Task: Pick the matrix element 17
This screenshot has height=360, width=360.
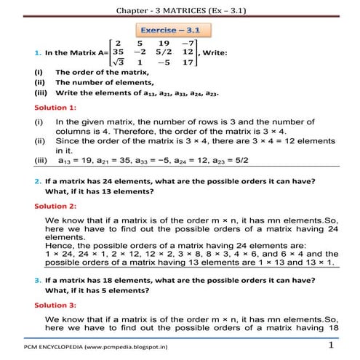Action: (187, 63)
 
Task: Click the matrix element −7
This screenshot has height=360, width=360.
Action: (187, 42)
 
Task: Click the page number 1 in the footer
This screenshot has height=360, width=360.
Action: (331, 346)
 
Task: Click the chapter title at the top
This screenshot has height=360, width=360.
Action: (180, 9)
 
